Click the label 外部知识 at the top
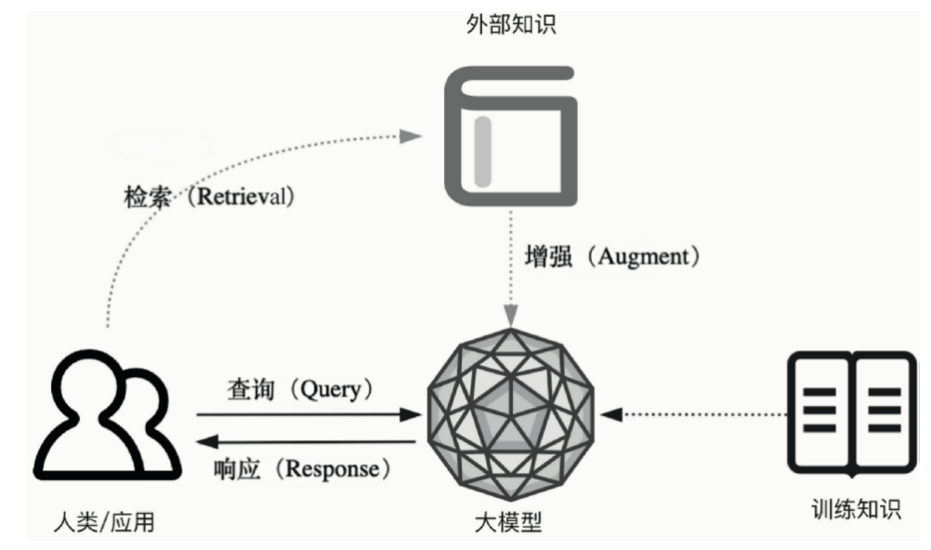(x=510, y=24)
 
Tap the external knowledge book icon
(x=510, y=137)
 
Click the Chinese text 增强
(x=547, y=257)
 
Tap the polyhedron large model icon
(x=509, y=414)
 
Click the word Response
(x=334, y=468)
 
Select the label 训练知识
(x=856, y=509)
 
